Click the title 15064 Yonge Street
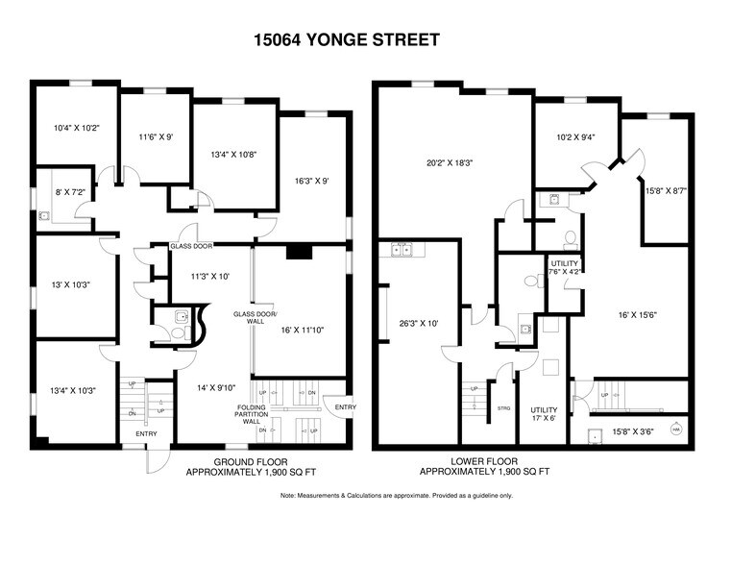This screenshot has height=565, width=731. coord(347,39)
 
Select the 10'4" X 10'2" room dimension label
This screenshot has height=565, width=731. coord(75,127)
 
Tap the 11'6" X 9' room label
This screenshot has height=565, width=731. coord(155,137)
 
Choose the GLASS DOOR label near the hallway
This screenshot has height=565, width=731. coord(192,246)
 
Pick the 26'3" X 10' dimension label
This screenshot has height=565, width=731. coord(418,323)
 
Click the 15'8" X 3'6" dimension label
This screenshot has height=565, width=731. coord(633,432)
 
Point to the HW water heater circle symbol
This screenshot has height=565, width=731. coord(675,429)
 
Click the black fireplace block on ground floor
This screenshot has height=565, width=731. coord(299,253)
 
